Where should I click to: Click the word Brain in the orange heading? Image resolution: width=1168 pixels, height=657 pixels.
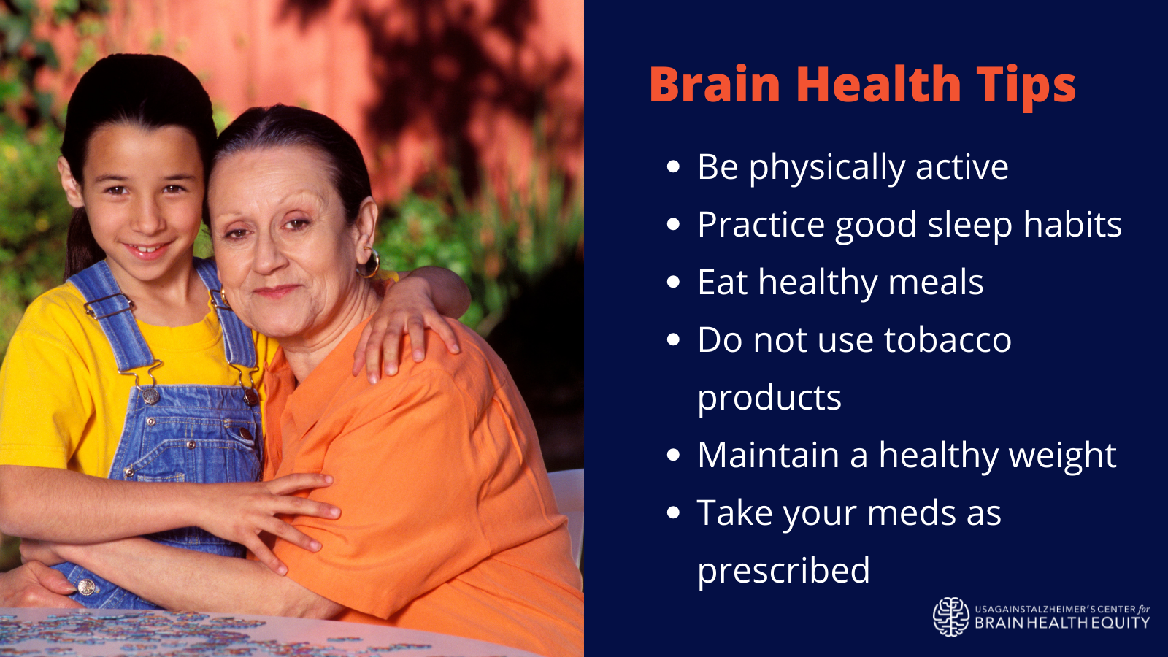point(715,84)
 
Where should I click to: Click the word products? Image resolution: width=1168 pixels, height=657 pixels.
point(769,399)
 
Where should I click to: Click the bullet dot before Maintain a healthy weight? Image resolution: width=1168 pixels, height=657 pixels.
point(673,455)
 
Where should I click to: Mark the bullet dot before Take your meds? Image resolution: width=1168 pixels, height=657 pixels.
point(673,512)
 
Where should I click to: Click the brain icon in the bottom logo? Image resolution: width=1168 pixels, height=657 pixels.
point(951,617)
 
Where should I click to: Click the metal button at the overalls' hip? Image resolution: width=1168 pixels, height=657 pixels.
point(86,587)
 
